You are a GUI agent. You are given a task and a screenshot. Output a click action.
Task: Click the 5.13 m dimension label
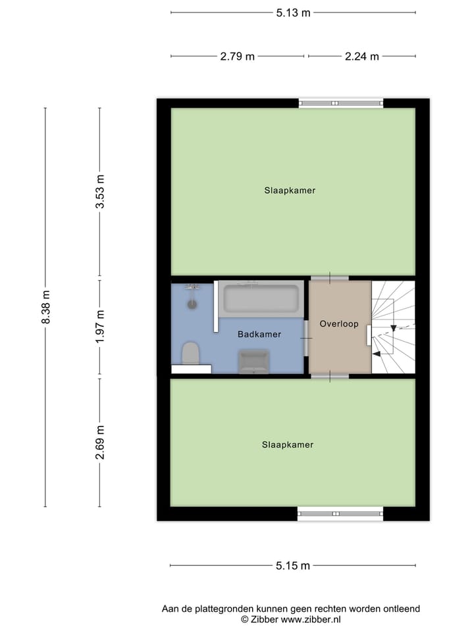[x=293, y=12]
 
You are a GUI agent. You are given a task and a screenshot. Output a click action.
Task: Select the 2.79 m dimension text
[x=237, y=57]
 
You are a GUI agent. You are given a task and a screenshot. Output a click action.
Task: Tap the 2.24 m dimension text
[x=362, y=57]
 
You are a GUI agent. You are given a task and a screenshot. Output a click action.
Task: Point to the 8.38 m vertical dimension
[x=45, y=308]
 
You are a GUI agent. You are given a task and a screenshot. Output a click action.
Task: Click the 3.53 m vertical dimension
[x=100, y=192]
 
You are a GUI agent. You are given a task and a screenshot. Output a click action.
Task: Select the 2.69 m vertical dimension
[x=100, y=443]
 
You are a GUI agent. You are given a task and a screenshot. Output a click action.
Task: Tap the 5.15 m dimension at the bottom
[x=293, y=565]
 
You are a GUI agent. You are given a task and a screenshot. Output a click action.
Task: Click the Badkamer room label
[x=259, y=335]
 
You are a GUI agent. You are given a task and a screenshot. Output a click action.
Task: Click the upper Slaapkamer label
[x=290, y=191]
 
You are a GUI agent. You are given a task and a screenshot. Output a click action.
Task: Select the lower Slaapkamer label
[x=288, y=444]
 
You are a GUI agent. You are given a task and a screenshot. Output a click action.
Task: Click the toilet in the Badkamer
[x=191, y=353]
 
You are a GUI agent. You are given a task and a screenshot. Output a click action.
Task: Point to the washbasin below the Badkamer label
[x=253, y=362]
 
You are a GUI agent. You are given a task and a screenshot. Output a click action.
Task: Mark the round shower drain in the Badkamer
[x=192, y=304]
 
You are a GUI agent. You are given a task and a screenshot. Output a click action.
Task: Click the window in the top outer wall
[x=340, y=103]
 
